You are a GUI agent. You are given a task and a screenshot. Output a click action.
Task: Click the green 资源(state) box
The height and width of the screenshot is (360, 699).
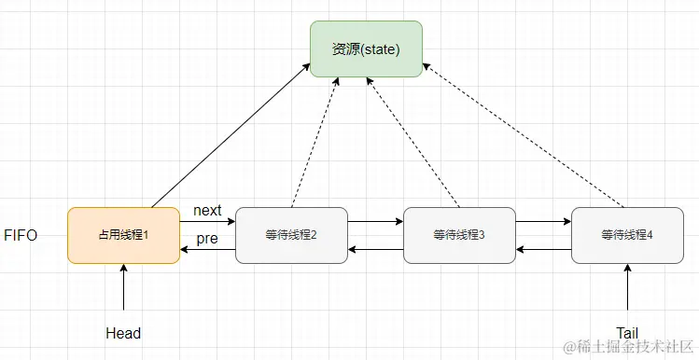click(366, 48)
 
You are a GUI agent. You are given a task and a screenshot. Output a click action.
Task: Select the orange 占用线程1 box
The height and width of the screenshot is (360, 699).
click(123, 235)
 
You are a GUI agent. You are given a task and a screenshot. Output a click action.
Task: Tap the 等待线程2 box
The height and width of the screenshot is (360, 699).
click(291, 235)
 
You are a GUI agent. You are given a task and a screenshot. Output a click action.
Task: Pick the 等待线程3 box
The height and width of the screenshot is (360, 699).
click(459, 235)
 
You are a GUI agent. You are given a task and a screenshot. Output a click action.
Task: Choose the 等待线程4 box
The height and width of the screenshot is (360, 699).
click(627, 235)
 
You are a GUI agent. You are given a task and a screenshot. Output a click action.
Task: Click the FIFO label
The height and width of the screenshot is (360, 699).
click(21, 235)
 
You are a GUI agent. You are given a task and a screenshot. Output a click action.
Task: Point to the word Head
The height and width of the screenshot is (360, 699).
click(123, 333)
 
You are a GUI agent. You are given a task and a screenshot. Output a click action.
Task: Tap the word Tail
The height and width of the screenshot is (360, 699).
click(627, 333)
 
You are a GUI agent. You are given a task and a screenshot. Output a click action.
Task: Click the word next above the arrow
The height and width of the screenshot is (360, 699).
click(207, 211)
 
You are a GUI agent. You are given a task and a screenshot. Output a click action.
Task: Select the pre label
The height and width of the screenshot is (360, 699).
click(206, 240)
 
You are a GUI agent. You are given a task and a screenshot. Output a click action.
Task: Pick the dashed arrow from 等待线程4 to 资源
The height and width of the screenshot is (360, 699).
click(523, 135)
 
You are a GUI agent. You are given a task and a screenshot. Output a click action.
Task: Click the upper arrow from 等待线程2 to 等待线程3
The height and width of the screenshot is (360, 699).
click(375, 223)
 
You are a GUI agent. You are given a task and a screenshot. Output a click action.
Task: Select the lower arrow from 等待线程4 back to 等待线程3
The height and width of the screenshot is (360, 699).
click(543, 249)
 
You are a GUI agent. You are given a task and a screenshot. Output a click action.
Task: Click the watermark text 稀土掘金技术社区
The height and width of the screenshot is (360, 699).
click(634, 348)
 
